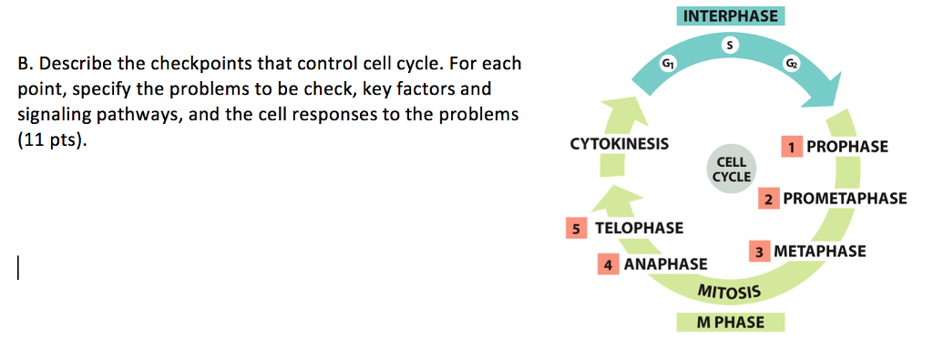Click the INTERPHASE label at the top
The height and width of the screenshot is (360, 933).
(x=730, y=15)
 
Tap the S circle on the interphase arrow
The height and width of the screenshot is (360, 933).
(x=730, y=45)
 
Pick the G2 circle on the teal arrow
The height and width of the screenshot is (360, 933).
(x=792, y=63)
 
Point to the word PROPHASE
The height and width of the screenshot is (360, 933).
(x=847, y=147)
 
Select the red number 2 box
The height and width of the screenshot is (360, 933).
(x=768, y=199)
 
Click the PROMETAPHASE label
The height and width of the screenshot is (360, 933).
(x=845, y=198)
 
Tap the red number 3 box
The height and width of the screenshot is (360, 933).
(x=759, y=252)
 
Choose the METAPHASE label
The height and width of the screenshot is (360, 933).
(x=820, y=252)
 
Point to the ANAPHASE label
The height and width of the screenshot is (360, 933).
(x=665, y=264)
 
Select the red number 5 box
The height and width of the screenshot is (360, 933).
(x=576, y=228)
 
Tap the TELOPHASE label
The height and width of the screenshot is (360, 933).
(x=640, y=228)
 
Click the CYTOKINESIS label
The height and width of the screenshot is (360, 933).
(x=619, y=144)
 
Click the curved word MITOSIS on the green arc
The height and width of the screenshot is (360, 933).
(x=729, y=292)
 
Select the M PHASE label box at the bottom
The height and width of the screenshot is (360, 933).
(x=730, y=323)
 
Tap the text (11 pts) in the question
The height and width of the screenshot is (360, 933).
(x=49, y=142)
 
